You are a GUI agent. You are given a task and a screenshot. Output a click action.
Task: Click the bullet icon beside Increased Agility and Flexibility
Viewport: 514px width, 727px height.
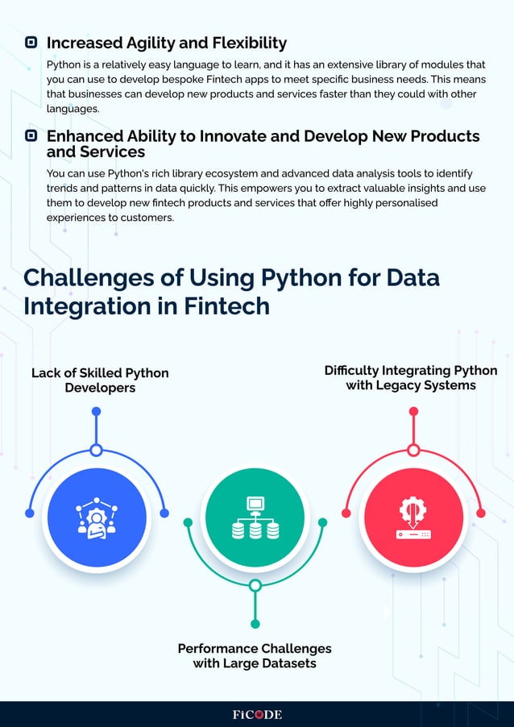[x=31, y=43]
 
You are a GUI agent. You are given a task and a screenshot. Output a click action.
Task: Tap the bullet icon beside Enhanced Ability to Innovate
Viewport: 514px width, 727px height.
[x=31, y=136]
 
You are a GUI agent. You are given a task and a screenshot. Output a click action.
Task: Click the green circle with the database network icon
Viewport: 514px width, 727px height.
[x=255, y=516]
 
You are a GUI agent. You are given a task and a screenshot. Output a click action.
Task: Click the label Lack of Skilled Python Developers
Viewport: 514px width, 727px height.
[x=100, y=380]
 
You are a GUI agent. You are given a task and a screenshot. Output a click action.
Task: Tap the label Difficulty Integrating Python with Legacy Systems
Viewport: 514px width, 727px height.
[x=411, y=378]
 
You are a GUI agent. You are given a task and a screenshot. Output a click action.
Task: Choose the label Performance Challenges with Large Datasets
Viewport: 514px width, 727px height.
[x=255, y=656]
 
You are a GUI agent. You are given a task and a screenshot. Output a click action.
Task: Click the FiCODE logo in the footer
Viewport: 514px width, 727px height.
[x=257, y=714]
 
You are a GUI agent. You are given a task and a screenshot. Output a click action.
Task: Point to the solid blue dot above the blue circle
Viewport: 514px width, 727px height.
[x=97, y=412]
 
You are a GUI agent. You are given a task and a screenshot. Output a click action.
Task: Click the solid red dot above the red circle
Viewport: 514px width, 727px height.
[x=413, y=412]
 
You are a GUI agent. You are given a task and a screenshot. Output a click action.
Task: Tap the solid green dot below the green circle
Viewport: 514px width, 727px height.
[x=255, y=624]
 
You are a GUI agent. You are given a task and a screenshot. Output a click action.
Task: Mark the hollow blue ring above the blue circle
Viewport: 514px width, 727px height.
[x=97, y=450]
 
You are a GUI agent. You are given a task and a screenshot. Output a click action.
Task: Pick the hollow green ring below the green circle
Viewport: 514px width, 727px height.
[x=255, y=585]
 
